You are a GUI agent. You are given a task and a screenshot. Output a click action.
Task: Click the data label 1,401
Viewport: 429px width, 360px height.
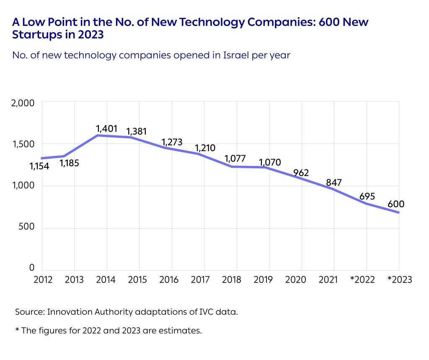pyautogui.click(x=106, y=128)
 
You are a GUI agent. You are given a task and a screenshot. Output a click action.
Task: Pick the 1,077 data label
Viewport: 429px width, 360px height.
pyautogui.click(x=235, y=159)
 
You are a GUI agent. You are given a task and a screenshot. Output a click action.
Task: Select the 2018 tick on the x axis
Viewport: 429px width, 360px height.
pyautogui.click(x=236, y=280)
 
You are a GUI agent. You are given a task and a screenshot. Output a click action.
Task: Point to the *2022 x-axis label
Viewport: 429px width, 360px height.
pyautogui.click(x=364, y=280)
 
